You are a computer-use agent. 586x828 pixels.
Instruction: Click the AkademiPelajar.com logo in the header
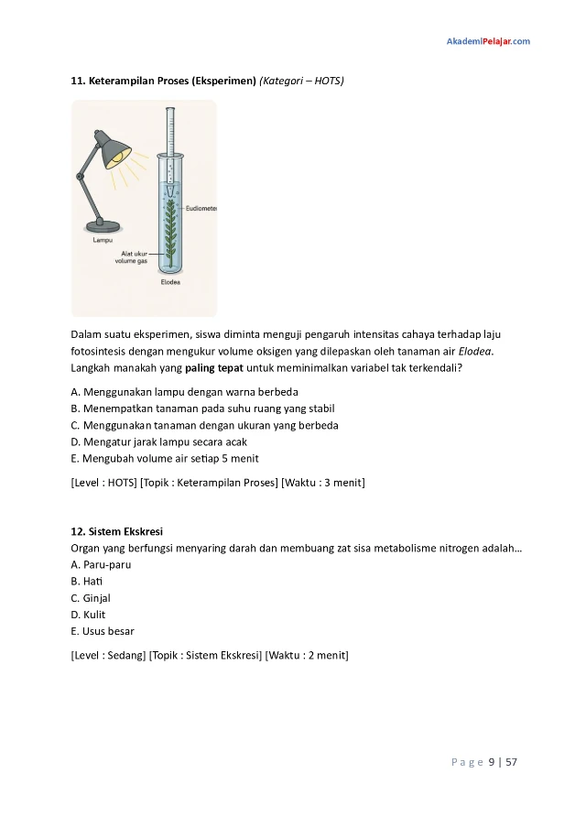pos(487,41)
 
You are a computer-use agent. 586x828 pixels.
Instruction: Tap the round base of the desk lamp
pos(103,224)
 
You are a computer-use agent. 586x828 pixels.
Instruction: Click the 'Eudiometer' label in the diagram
pos(201,209)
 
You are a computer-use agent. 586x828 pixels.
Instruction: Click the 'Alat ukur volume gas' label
pos(131,257)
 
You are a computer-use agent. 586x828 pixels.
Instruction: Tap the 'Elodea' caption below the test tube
pos(170,283)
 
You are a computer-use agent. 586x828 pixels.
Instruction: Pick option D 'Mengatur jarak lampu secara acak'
pos(171,441)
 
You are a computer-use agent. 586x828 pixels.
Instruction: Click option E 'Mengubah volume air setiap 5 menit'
pos(171,458)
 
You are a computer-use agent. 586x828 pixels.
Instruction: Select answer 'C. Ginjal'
pos(91,598)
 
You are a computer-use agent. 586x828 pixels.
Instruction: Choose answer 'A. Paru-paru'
pos(101,564)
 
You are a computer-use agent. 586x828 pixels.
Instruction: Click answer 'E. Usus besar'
pos(103,631)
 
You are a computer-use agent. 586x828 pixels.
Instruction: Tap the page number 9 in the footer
pos(491,761)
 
